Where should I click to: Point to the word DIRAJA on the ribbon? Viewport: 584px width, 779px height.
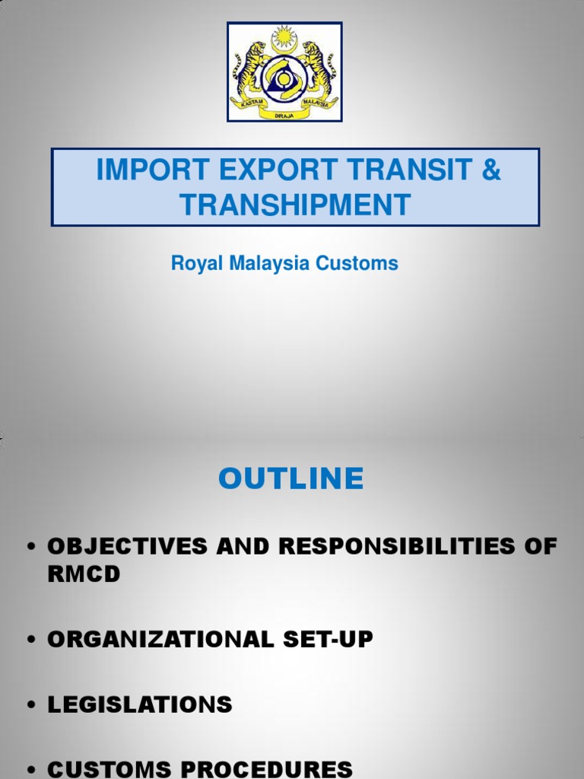(284, 114)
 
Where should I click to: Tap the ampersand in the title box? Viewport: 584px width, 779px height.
(491, 170)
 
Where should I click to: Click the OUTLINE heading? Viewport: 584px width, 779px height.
(291, 479)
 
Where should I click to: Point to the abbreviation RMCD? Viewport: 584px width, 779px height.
(84, 574)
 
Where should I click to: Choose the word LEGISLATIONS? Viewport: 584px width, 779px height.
(140, 704)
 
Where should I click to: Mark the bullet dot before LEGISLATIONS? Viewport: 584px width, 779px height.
(32, 705)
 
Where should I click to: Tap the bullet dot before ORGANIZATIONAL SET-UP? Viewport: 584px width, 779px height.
(32, 641)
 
